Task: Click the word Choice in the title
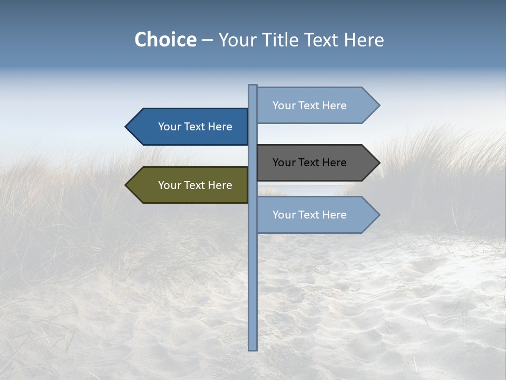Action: (165, 40)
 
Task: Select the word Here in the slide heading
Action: (364, 40)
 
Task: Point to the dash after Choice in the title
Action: (207, 40)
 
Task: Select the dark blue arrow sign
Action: (190, 127)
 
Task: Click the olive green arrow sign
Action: (190, 185)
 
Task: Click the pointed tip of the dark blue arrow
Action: (127, 127)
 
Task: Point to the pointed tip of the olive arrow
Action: (127, 185)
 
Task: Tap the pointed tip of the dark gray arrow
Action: (378, 163)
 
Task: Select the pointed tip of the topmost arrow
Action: (378, 106)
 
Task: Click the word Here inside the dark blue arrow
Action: (220, 127)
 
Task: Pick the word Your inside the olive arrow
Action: (169, 185)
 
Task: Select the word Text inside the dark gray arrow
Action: (309, 163)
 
